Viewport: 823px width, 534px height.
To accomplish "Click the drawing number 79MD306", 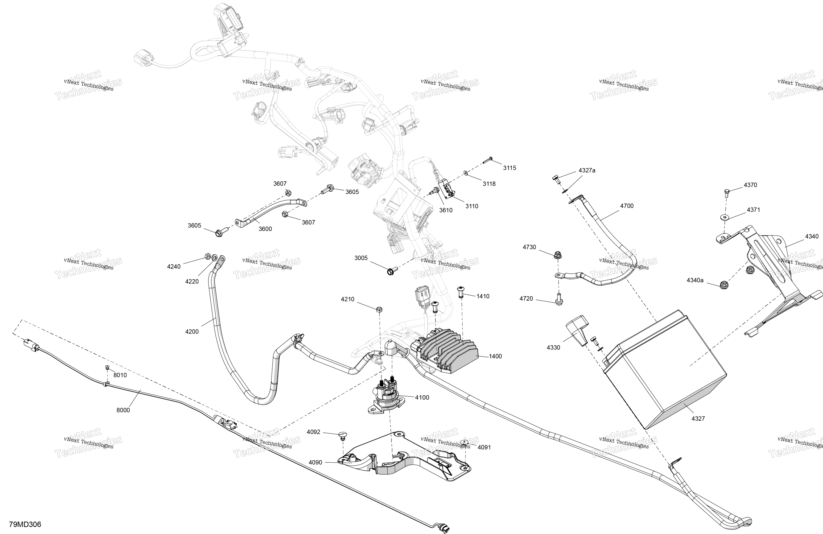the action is pos(25,524).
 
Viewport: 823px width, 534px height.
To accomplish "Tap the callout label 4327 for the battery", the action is pos(698,418).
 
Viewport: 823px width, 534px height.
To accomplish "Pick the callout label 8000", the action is pos(123,410).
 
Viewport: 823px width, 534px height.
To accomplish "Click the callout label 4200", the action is pos(192,332).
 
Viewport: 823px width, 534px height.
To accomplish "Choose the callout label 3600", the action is pos(265,229).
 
